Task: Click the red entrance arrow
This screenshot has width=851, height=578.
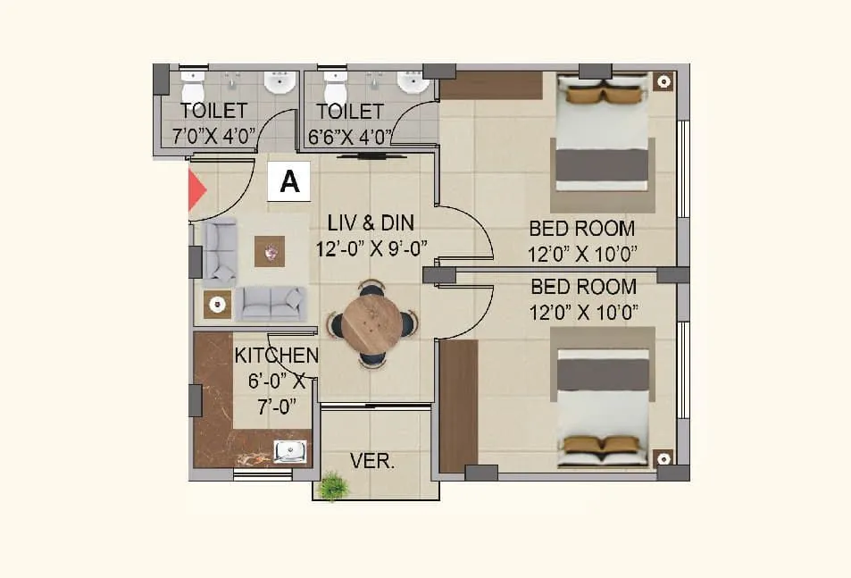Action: click(196, 191)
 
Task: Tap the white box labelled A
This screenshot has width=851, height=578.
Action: click(289, 181)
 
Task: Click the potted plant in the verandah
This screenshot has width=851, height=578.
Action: click(333, 486)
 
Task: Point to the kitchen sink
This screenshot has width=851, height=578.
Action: click(291, 453)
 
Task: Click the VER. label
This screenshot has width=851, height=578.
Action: click(371, 462)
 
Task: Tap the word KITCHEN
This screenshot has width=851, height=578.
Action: click(276, 356)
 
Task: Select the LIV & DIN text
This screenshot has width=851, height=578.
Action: click(370, 222)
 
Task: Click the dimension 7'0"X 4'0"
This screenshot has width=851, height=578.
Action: click(213, 136)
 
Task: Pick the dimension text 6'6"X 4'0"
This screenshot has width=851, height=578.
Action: click(350, 136)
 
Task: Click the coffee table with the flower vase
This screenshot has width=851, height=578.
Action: click(270, 251)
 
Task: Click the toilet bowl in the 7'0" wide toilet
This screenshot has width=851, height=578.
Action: click(194, 89)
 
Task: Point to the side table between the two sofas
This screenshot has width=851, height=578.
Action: click(217, 305)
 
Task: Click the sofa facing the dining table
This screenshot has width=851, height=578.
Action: click(271, 304)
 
